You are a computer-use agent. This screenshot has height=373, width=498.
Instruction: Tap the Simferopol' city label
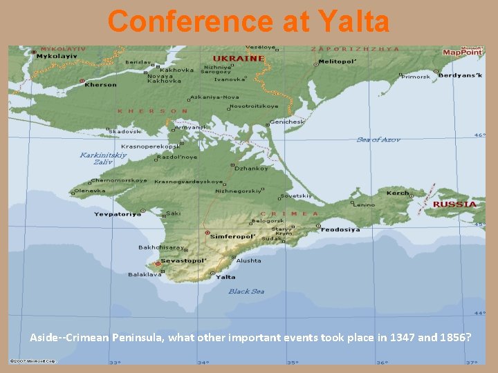point(233,236)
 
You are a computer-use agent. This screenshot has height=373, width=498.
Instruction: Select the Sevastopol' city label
point(184,261)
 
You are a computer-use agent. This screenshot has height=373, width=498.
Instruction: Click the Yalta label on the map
point(226,277)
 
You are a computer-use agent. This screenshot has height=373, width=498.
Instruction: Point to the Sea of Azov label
point(378,140)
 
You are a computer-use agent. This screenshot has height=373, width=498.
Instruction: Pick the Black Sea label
point(246,291)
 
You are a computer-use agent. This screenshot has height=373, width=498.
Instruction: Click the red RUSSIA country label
point(454,204)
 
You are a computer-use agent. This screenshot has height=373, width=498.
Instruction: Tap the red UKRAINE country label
point(239,58)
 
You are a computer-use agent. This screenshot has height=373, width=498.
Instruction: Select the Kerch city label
point(398,193)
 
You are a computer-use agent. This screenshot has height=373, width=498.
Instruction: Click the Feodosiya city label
point(340,229)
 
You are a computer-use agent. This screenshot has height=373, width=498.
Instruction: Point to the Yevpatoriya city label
point(118,214)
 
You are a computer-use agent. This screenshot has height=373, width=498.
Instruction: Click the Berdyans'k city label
point(461,75)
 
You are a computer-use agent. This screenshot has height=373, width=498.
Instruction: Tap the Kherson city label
point(101,85)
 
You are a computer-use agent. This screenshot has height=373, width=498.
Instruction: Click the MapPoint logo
point(462,51)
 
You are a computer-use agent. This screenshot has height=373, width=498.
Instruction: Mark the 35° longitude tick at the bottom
point(293,362)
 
